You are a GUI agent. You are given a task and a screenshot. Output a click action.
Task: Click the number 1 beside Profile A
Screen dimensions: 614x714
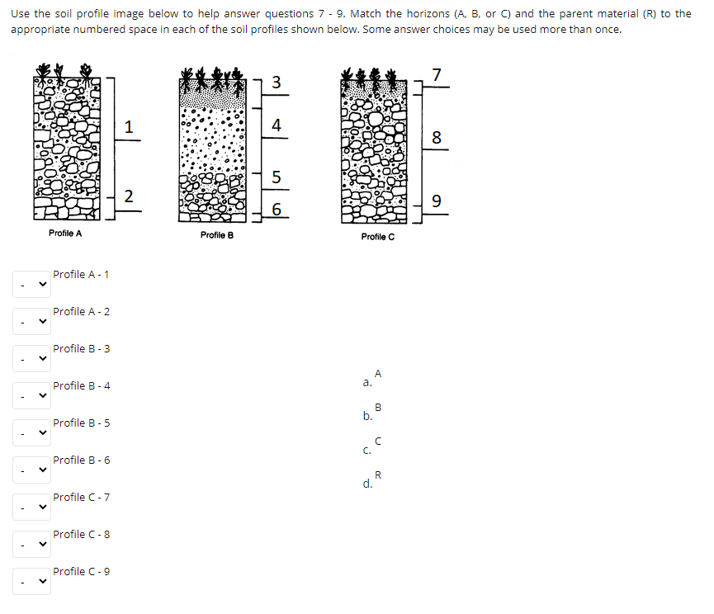(x=128, y=127)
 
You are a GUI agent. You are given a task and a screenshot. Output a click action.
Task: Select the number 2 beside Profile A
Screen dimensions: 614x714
(x=128, y=196)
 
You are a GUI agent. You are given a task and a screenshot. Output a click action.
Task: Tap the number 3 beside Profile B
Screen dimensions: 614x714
(x=276, y=83)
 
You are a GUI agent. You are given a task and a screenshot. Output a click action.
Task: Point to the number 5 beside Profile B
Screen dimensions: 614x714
(x=276, y=177)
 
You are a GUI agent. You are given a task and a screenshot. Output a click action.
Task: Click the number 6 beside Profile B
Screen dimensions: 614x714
(x=276, y=210)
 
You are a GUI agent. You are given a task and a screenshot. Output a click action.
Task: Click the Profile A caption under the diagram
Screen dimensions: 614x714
(x=65, y=234)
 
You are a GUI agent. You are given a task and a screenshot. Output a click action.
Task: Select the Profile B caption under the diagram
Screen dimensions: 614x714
(x=217, y=235)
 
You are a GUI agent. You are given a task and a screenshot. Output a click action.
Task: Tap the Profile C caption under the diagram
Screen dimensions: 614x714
(x=378, y=237)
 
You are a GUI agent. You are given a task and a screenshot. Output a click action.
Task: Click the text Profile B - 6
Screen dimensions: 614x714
(x=82, y=460)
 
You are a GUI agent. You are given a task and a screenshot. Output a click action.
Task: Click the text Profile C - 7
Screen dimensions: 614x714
(x=82, y=497)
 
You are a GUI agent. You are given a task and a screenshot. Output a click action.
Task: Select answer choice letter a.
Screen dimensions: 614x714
(x=367, y=383)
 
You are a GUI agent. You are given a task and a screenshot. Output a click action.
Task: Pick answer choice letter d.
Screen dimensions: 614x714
(x=367, y=484)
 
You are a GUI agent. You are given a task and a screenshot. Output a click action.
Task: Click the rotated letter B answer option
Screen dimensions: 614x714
(x=378, y=407)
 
